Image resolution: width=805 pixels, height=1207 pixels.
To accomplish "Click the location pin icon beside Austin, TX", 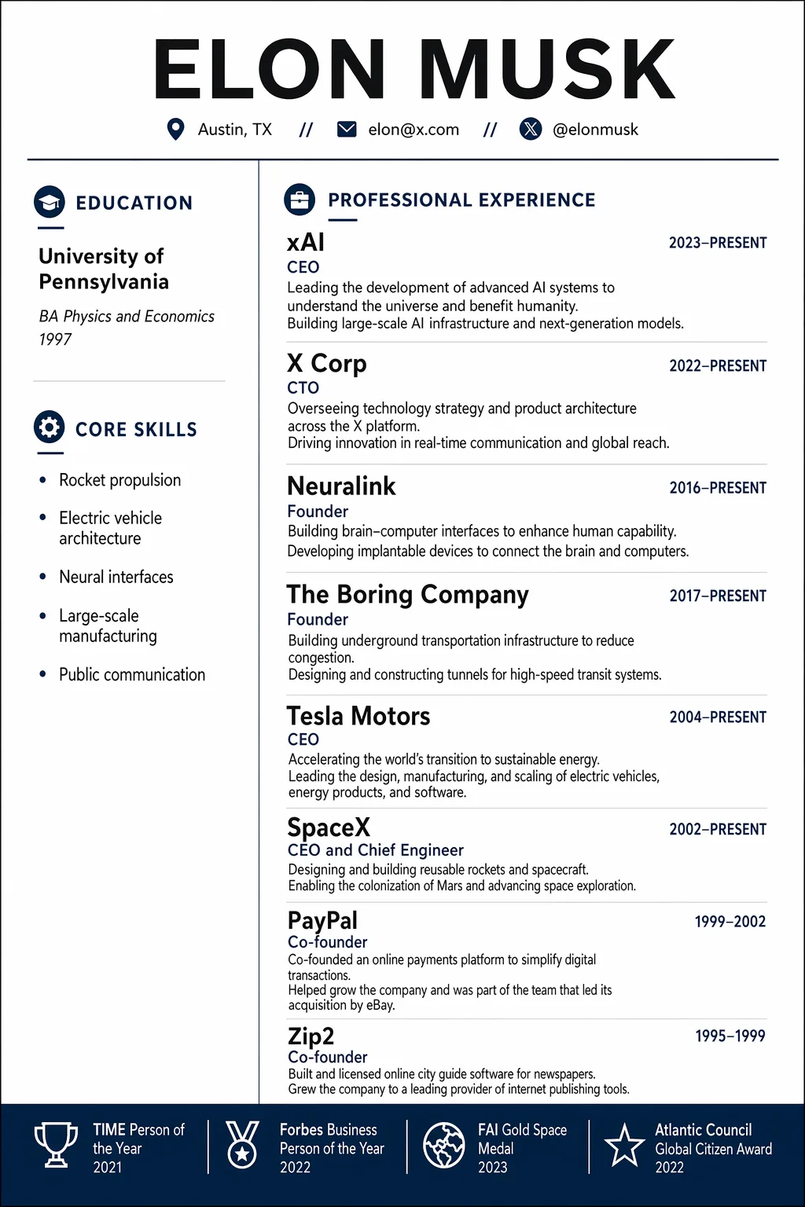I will (176, 130).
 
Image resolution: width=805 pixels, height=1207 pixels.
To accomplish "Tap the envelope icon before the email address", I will (347, 130).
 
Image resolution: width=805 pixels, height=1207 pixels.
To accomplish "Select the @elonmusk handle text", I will (595, 130).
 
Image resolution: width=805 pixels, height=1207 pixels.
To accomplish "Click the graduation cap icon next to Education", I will (50, 202).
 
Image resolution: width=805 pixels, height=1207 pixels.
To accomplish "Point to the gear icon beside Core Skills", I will (50, 428).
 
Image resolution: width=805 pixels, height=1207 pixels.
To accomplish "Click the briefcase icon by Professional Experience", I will (300, 200).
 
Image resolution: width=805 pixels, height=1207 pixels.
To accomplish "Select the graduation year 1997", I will (55, 339).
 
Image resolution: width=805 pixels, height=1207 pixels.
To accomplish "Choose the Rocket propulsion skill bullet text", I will (119, 480).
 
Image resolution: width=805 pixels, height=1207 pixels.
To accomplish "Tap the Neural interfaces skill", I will (116, 577).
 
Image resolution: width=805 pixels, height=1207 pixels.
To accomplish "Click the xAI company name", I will (306, 243).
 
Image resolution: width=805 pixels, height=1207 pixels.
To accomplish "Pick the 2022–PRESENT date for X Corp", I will (718, 365).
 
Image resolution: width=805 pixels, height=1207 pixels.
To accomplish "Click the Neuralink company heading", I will (341, 486).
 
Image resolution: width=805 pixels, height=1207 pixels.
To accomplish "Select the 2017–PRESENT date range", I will (718, 596).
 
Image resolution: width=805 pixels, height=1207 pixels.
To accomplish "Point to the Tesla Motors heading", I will (358, 716).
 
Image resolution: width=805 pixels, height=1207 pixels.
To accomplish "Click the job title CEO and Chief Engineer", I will (376, 850).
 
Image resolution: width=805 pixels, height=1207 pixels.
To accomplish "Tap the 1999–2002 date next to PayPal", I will (730, 921).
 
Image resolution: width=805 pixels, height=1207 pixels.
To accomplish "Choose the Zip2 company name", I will (311, 1036).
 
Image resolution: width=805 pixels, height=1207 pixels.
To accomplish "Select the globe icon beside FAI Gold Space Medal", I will (444, 1145).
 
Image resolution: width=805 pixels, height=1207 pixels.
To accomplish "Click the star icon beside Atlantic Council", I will (624, 1145).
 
